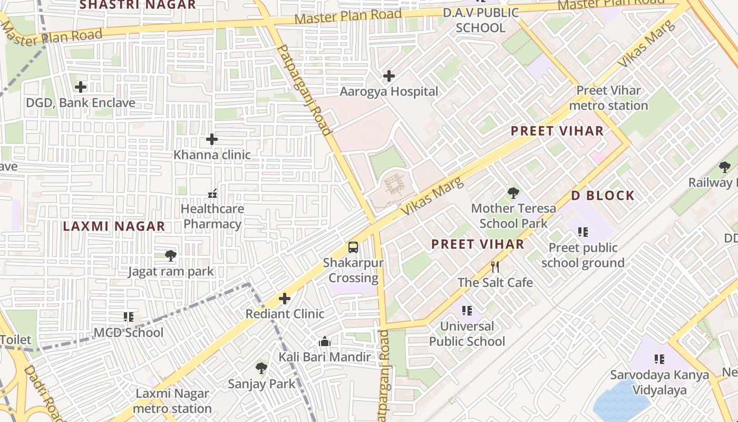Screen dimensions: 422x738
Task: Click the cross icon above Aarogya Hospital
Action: [389, 76]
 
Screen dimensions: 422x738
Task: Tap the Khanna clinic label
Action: [212, 155]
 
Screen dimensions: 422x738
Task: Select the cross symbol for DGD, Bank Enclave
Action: [81, 87]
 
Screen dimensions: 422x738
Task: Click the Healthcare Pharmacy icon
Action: [212, 194]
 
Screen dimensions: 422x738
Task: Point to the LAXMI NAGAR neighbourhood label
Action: [114, 227]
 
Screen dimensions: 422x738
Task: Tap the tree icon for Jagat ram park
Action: [170, 256]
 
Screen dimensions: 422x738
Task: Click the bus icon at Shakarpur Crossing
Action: [353, 247]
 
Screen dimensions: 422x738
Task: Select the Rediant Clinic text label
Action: [285, 314]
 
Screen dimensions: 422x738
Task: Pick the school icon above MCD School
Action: [129, 316]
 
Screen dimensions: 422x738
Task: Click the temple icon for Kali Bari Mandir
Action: [325, 342]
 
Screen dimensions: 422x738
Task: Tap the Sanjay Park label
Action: [261, 384]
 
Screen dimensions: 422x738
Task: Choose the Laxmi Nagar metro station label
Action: [172, 401]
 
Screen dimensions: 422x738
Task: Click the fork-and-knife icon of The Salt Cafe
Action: [494, 267]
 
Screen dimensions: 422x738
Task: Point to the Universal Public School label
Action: [467, 334]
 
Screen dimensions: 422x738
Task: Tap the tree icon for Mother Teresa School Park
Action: [513, 193]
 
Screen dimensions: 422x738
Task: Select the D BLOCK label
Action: [603, 196]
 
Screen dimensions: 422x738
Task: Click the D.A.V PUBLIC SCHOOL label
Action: [480, 21]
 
